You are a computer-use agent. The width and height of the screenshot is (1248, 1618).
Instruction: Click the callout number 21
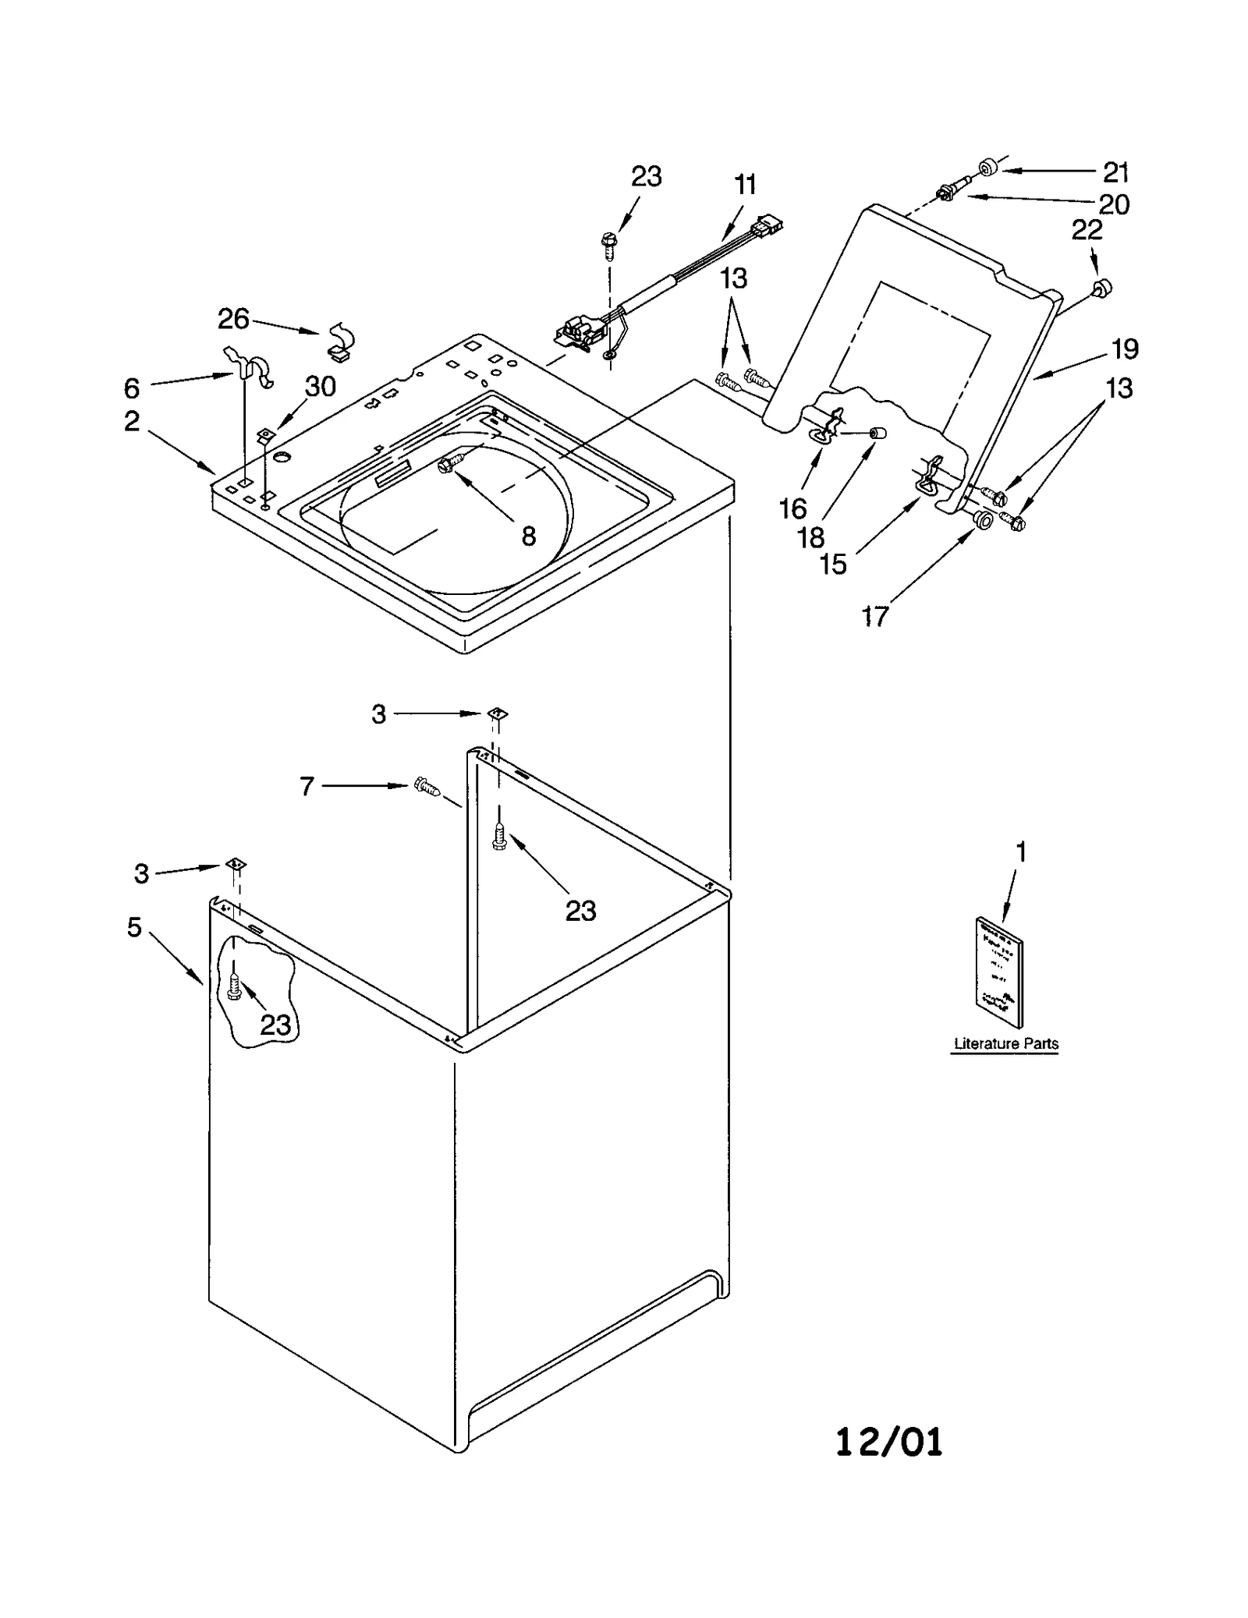(1115, 172)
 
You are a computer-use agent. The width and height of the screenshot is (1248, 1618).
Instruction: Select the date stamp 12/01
(888, 1442)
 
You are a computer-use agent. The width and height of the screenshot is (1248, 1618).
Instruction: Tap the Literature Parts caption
(1005, 1043)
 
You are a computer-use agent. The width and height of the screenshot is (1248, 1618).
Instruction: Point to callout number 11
(745, 186)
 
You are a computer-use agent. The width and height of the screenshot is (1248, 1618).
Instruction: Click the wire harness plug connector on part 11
(768, 225)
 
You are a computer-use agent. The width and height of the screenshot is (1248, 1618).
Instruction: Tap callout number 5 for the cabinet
(134, 927)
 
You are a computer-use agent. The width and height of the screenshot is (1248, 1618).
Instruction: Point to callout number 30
(320, 387)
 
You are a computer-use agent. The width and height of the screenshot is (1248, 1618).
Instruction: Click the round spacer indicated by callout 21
(988, 167)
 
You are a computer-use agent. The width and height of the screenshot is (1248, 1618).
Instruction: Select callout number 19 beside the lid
(1124, 349)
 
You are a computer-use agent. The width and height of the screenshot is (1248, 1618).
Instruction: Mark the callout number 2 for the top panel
(132, 421)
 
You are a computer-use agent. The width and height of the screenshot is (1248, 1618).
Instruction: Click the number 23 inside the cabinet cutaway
(275, 1024)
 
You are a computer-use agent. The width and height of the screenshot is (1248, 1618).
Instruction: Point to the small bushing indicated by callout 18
(877, 433)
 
